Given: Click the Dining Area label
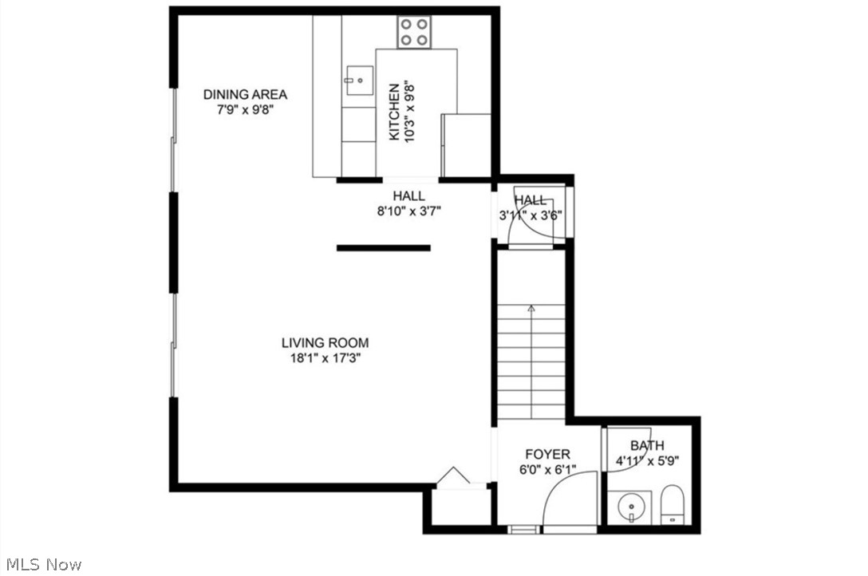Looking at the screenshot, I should click(245, 94).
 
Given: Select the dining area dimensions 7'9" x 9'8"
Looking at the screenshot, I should click(245, 110).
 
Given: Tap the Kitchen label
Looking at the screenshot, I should click(393, 112).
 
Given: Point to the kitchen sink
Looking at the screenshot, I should click(359, 79).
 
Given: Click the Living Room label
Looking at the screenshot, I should click(325, 343).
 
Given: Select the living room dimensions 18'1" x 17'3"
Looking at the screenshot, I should click(325, 358).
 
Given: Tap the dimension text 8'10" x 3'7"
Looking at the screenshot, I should click(408, 211).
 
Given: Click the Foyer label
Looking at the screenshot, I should click(547, 455).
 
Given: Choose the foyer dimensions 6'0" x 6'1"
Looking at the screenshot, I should click(547, 470).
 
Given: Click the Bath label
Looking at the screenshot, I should click(647, 445).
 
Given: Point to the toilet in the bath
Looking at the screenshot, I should click(673, 504).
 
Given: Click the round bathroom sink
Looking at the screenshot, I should click(630, 507).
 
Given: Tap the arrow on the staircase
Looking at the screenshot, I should click(531, 309).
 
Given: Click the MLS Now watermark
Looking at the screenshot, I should click(41, 565).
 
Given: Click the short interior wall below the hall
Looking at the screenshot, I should click(383, 248).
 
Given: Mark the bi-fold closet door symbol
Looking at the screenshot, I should click(452, 475).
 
